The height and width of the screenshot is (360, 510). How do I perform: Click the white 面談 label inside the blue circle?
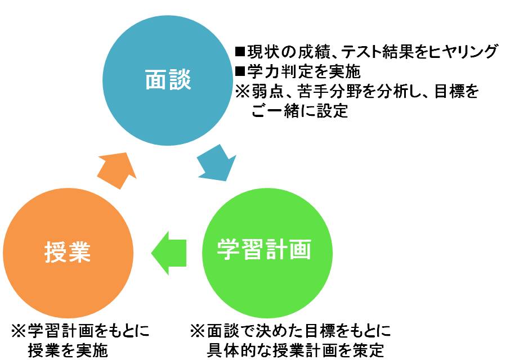coord(168,79)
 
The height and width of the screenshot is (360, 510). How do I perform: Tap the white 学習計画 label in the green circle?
coord(264,249)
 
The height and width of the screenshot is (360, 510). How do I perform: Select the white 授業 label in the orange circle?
coord(68,252)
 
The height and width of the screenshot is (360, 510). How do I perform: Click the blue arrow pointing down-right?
coord(217,163)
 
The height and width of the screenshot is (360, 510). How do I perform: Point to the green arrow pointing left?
coord(169,253)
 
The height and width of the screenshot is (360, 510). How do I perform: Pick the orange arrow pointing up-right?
coord(118,170)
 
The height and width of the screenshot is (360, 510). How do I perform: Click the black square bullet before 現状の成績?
coord(240,51)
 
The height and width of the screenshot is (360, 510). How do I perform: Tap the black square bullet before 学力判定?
coord(240,71)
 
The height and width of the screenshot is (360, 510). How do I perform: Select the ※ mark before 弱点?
coord(242,92)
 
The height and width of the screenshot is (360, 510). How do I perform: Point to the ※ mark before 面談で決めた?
coord(197,331)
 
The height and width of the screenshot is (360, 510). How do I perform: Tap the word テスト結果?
coord(373,52)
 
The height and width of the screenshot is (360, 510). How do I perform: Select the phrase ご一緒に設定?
coord(299,111)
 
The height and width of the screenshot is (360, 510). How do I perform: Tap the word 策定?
coord(369,351)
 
